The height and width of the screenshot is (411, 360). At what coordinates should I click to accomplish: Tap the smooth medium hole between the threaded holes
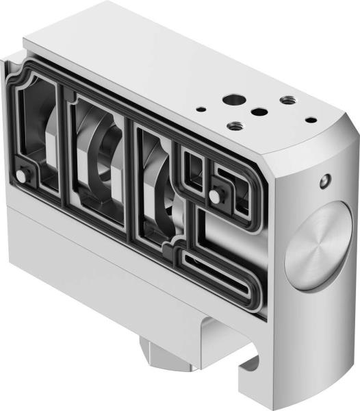(x=258, y=112)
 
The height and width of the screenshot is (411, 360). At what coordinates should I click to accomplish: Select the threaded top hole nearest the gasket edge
(x=235, y=126)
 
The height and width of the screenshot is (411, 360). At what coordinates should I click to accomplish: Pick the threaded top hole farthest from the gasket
(x=287, y=100)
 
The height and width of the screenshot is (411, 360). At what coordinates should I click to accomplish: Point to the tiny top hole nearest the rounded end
(x=311, y=120)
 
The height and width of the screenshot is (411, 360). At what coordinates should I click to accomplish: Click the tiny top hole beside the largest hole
(x=201, y=108)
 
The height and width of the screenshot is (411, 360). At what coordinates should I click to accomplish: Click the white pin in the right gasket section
(x=215, y=197)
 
